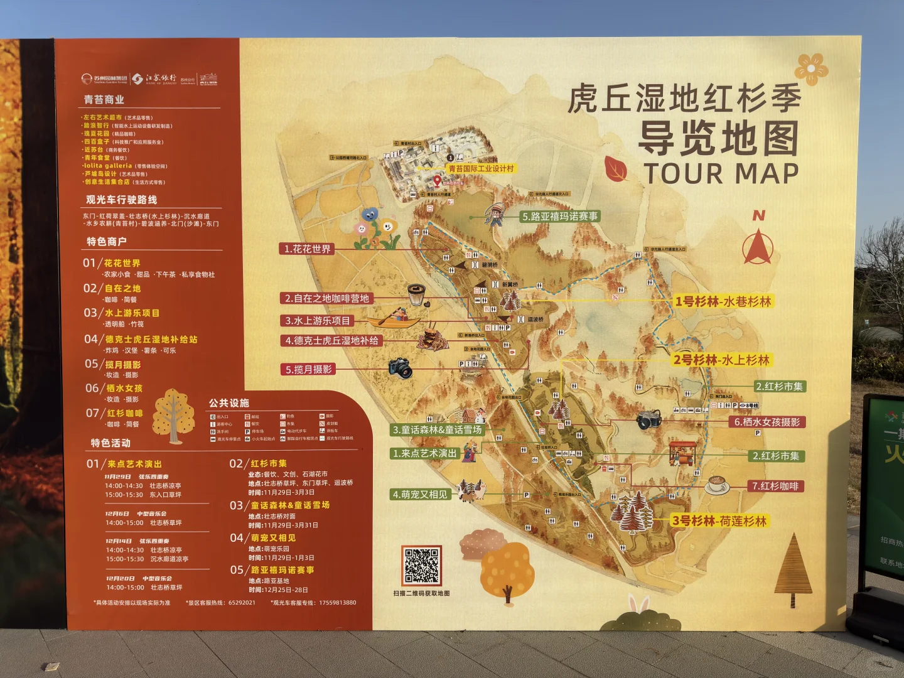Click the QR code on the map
coord(421,565)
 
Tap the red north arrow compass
coord(758,247)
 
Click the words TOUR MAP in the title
coord(721,174)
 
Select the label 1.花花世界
coord(307,249)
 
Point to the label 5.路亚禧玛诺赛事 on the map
coord(560,217)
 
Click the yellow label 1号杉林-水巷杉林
coord(723,301)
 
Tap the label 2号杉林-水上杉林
coord(721,360)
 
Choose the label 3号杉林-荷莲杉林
coord(719,520)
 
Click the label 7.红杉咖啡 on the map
coord(775,486)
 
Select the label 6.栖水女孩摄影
coord(767,422)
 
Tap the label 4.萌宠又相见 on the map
coord(420,495)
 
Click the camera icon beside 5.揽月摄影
coord(401,368)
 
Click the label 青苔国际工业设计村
coord(481,168)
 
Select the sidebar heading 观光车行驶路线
coord(122,200)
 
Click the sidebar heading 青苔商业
coord(104,100)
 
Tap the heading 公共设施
coord(229,402)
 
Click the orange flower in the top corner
coord(811,68)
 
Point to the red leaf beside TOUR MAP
coord(616,168)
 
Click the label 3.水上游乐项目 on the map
coord(318,321)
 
